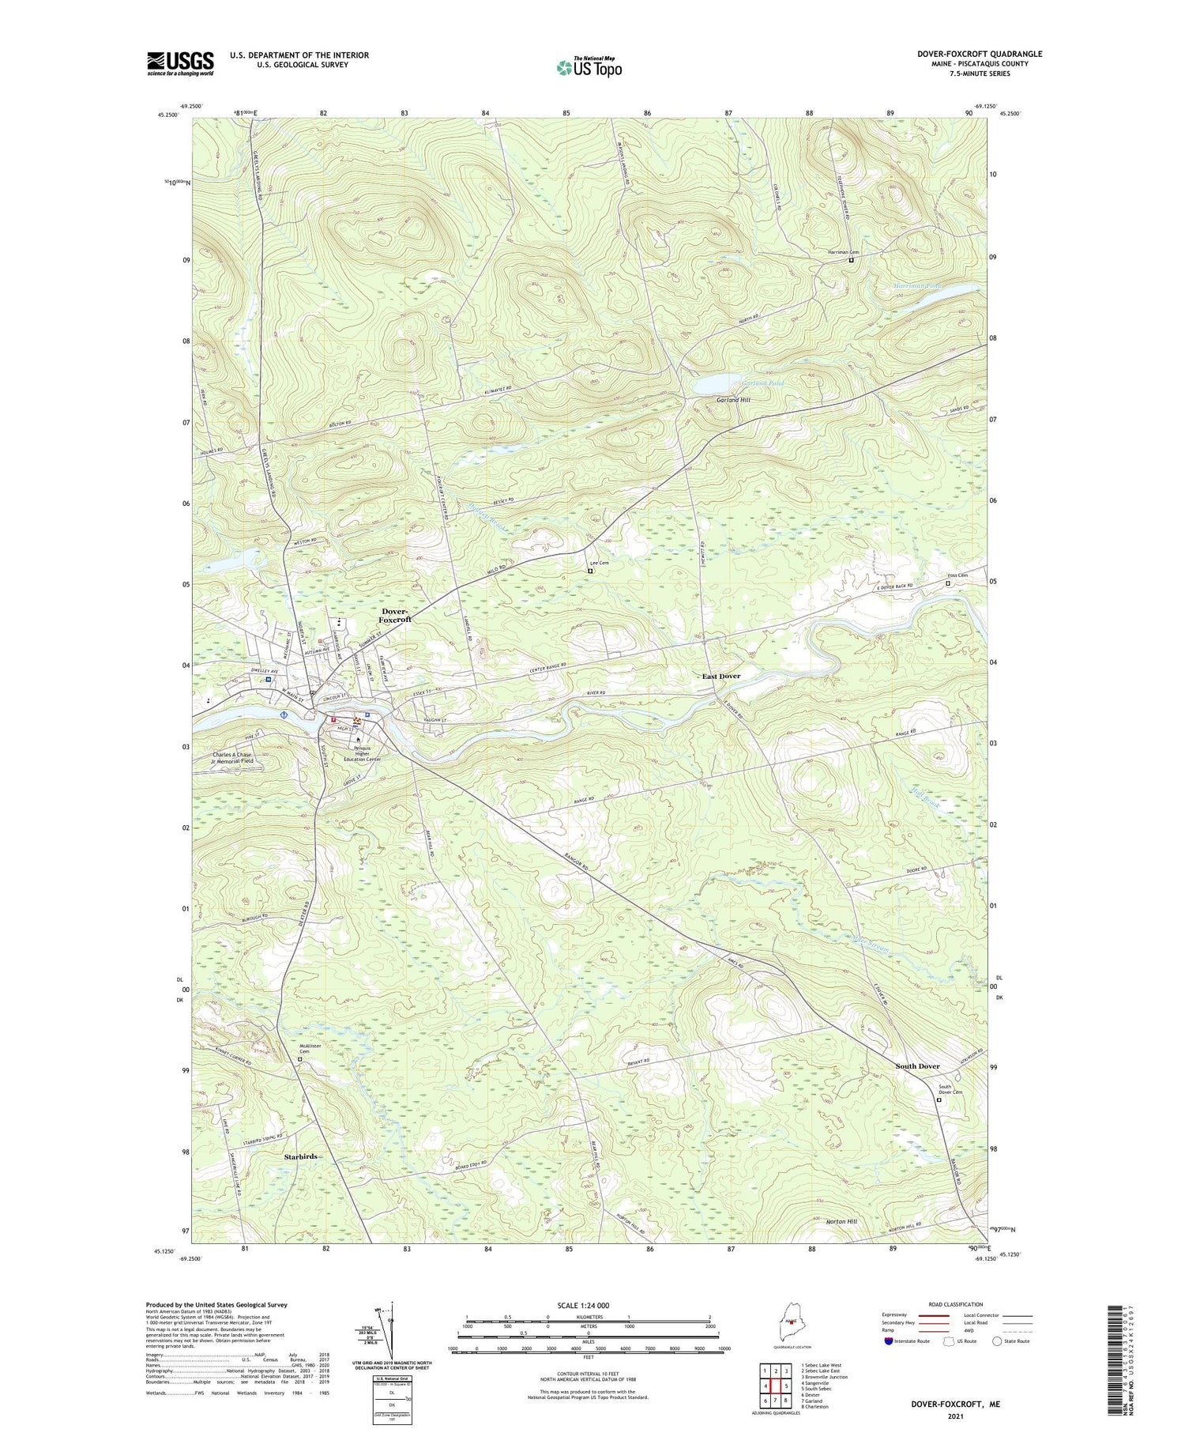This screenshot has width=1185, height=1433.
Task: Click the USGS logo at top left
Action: [180, 63]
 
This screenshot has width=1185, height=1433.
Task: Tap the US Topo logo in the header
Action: [589, 68]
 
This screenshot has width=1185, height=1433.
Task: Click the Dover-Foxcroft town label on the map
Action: [395, 616]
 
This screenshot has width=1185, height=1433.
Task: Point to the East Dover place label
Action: [721, 677]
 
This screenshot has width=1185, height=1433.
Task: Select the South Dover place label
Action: [917, 1066]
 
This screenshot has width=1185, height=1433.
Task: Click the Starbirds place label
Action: [300, 1156]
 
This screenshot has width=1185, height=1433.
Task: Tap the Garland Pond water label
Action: [762, 383]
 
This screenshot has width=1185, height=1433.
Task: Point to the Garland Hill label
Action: [733, 401]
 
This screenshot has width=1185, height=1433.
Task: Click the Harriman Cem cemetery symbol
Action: [851, 260]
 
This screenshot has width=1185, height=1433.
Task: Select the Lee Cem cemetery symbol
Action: [590, 570]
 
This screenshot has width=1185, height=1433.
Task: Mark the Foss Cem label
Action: [957, 575]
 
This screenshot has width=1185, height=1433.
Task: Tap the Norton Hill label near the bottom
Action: [841, 1221]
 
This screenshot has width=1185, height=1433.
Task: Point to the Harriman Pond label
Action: [917, 285]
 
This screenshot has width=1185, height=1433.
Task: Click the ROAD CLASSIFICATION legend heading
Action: [956, 1304]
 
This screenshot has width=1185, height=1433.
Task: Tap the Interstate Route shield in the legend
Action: [889, 1341]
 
